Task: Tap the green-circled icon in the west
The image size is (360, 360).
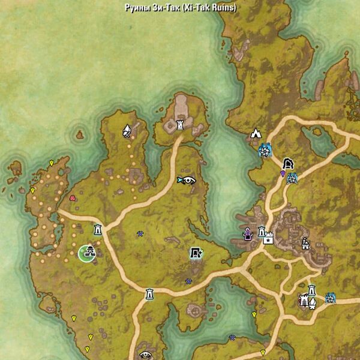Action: click(88, 253)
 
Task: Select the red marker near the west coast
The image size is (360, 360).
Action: click(73, 197)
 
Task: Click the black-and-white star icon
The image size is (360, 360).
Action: click(268, 239)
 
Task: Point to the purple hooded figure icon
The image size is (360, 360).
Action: click(247, 234)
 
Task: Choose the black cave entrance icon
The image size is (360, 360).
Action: click(287, 163)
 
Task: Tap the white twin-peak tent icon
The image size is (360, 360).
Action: click(256, 134)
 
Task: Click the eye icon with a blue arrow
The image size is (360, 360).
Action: click(188, 179)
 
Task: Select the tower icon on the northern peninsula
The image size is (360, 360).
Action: click(180, 125)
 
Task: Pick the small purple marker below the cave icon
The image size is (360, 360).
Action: click(283, 173)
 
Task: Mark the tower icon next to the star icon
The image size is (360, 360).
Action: click(262, 232)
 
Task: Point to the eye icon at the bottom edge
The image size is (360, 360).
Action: click(145, 355)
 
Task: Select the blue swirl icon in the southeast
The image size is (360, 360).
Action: click(330, 298)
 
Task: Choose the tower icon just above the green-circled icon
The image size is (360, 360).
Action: click(97, 229)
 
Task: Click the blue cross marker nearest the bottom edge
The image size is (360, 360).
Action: click(232, 338)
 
